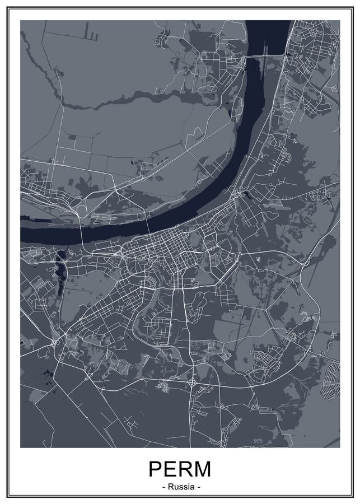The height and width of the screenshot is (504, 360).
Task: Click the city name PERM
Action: click(180, 468)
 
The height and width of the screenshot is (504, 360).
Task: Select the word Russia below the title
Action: click(180, 487)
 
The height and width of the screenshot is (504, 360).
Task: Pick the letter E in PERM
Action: click(171, 468)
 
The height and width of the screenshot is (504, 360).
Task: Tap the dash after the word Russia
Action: click(199, 487)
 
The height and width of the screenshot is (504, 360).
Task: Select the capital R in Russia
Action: click(169, 487)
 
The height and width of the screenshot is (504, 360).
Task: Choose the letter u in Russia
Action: click(174, 487)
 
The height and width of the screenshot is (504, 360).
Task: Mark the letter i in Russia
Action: click(187, 487)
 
